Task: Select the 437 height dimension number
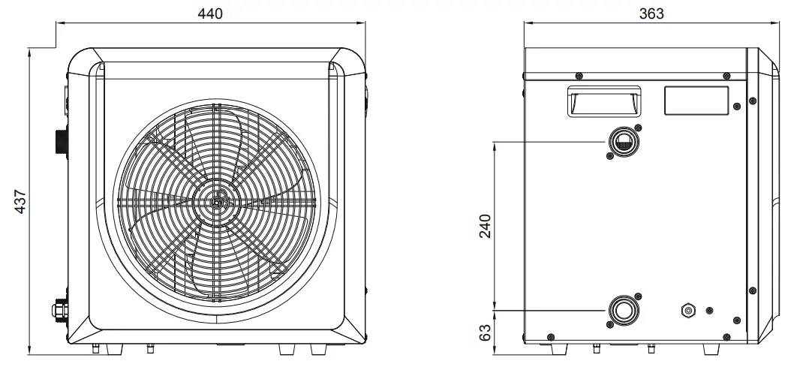click(21, 201)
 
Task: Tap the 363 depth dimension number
click(651, 15)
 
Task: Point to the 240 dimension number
click(486, 225)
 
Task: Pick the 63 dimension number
click(486, 329)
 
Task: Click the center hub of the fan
click(217, 201)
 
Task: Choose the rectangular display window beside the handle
click(696, 101)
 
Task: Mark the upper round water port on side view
click(622, 140)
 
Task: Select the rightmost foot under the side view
click(710, 350)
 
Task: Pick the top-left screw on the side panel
click(579, 75)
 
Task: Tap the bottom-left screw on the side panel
click(552, 335)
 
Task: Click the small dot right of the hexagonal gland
click(710, 310)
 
